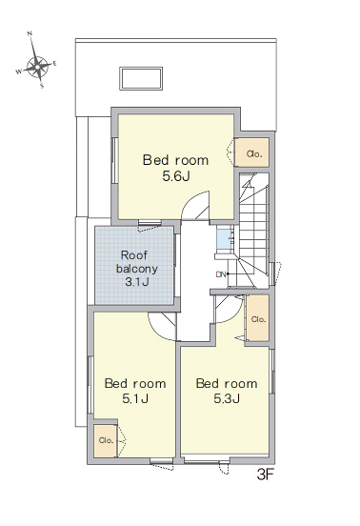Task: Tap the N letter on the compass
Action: [30, 33]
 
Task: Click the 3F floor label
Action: [266, 475]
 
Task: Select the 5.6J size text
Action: [176, 176]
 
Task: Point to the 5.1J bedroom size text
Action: [135, 399]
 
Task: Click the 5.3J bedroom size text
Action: [227, 399]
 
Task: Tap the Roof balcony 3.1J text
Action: [136, 269]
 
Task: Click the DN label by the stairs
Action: [221, 274]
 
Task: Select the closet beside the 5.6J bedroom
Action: [251, 152]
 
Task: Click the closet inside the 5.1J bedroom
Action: [106, 441]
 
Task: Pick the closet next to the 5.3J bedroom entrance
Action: [258, 318]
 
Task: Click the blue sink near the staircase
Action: [224, 238]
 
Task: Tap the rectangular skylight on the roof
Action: [141, 78]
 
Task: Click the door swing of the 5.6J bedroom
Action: [195, 206]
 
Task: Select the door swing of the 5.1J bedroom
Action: [162, 326]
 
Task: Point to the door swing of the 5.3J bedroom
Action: [229, 309]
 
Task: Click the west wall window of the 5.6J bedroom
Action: [114, 160]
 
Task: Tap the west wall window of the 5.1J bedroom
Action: [90, 384]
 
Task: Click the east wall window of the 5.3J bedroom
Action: [272, 371]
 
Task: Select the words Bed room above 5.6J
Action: [175, 160]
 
